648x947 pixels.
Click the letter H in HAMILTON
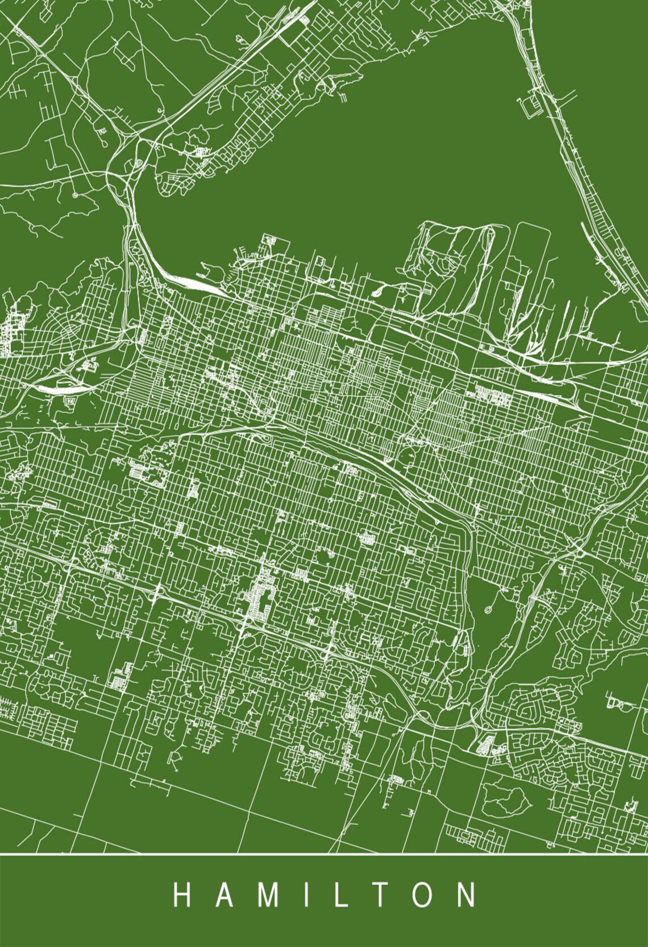pos(181,895)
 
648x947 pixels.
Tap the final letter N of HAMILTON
pos(469,895)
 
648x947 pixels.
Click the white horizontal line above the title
pos(324,854)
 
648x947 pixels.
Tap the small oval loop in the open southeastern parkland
pos(488,611)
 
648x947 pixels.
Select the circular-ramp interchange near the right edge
pos(578,549)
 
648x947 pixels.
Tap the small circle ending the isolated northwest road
pos(74,195)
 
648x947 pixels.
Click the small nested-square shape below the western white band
pos(70,402)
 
